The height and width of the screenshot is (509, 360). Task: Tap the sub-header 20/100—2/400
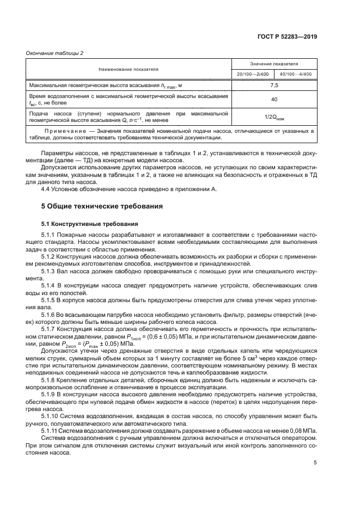click(253, 74)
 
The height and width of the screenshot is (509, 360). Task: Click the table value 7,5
click(274, 85)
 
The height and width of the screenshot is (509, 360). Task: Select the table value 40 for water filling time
click(274, 100)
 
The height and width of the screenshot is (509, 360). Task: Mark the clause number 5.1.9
click(50, 393)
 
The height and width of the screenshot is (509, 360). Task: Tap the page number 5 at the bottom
click(315, 463)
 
